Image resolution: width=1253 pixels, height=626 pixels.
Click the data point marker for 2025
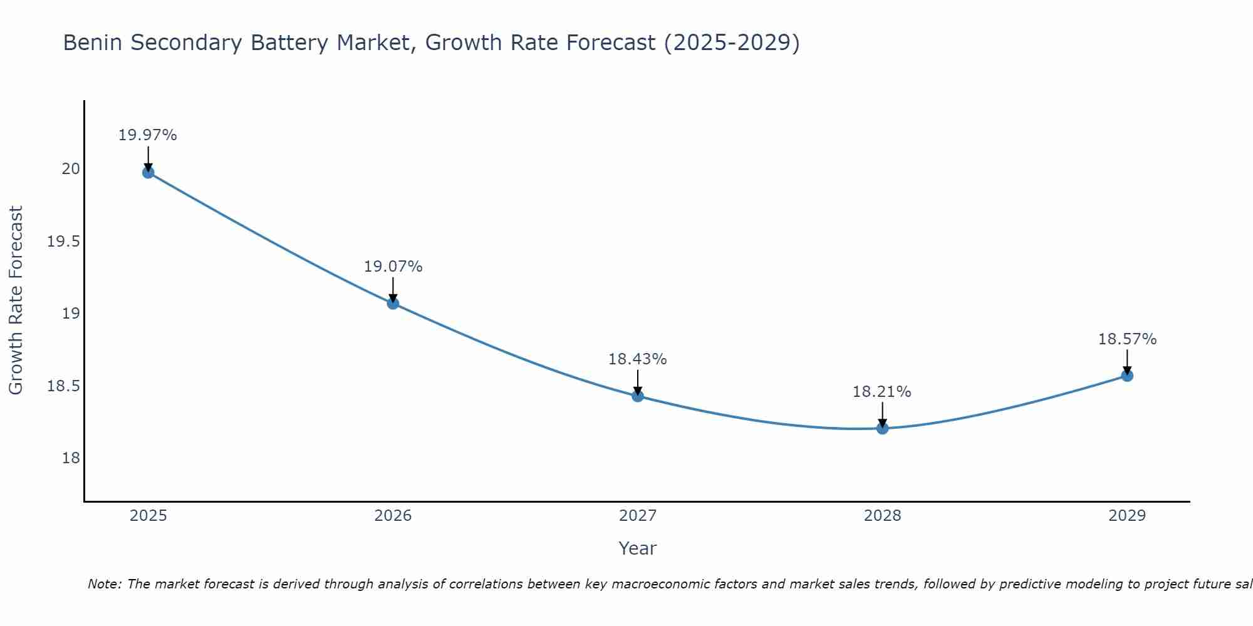148,173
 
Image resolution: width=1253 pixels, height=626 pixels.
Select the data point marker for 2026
393,304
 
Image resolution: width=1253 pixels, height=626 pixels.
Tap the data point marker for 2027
638,396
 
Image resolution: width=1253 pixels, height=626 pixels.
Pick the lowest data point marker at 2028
882,428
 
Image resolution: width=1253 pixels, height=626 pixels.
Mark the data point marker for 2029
1127,376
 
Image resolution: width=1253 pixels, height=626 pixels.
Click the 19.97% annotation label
148,135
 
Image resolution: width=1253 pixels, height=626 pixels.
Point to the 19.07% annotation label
393,267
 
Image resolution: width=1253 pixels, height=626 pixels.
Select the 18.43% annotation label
638,359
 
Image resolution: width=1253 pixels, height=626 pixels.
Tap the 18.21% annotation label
882,392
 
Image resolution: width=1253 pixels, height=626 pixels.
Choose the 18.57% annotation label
1127,339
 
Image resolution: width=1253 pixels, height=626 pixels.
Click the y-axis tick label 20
71,169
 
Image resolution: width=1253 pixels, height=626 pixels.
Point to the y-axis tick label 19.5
64,242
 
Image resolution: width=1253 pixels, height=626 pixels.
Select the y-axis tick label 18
71,458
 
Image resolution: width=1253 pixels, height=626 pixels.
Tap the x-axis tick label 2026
393,516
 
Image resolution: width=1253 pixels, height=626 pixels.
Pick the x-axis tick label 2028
882,516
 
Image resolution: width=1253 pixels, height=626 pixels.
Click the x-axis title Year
638,548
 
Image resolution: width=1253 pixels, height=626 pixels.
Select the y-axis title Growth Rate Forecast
16,300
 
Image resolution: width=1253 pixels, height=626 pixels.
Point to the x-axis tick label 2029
1127,516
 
